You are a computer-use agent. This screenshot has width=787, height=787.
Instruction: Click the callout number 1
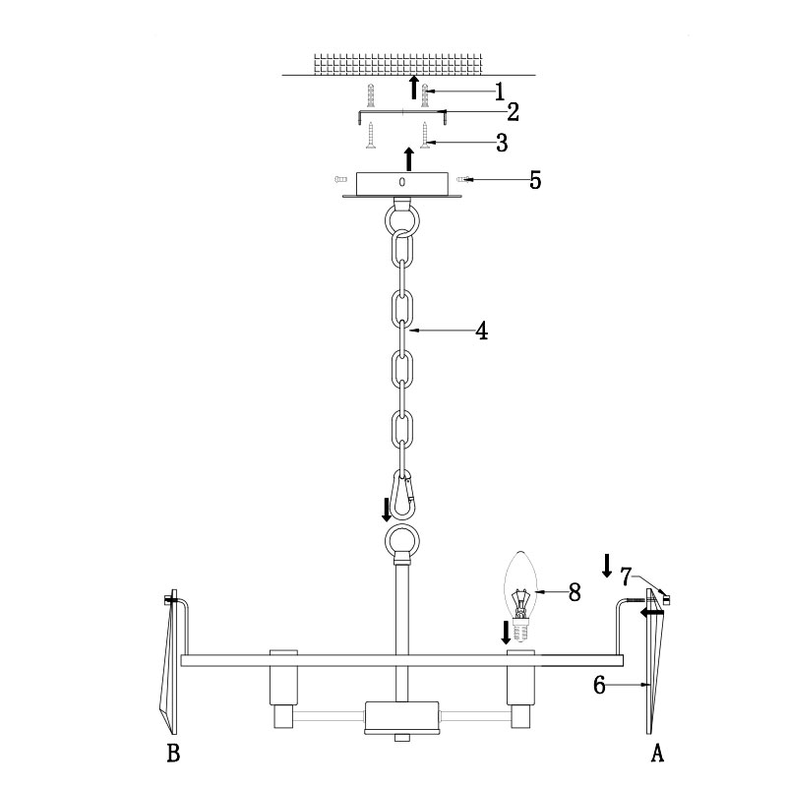pyautogui.click(x=499, y=91)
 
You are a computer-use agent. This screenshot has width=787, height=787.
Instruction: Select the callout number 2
pyautogui.click(x=513, y=112)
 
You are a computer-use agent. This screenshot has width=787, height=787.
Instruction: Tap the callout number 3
pyautogui.click(x=502, y=143)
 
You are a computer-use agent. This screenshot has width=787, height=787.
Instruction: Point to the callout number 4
pyautogui.click(x=481, y=332)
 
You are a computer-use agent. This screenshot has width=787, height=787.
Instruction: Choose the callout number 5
pyautogui.click(x=535, y=180)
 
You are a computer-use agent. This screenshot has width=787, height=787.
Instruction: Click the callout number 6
pyautogui.click(x=599, y=685)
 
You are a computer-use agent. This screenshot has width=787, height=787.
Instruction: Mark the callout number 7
pyautogui.click(x=626, y=577)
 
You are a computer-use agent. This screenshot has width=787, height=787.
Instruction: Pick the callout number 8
pyautogui.click(x=575, y=592)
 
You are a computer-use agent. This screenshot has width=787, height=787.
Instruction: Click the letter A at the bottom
pyautogui.click(x=657, y=753)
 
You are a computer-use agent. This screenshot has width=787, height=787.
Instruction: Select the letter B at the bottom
pyautogui.click(x=173, y=753)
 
